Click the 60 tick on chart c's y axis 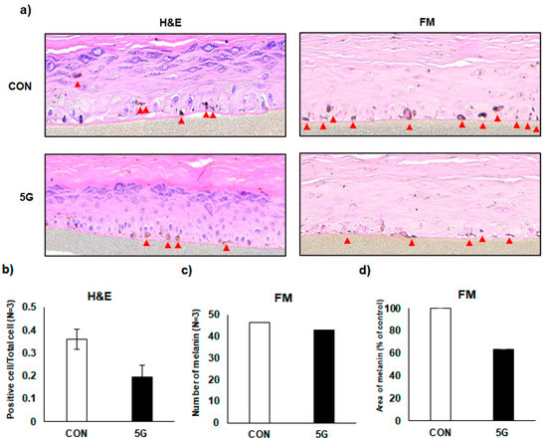(225, 309)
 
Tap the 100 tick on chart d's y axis (402, 309)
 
